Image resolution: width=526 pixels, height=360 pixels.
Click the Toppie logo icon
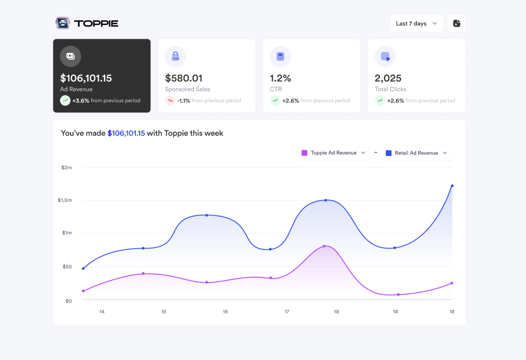pyautogui.click(x=63, y=23)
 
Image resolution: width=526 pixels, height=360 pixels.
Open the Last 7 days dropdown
pyautogui.click(x=416, y=23)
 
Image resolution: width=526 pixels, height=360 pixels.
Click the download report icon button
pyautogui.click(x=456, y=23)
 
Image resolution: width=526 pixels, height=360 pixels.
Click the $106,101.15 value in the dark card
pyautogui.click(x=86, y=78)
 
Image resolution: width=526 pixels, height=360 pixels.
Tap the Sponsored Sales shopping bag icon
pyautogui.click(x=175, y=56)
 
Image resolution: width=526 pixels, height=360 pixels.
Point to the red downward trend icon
pyautogui.click(x=170, y=100)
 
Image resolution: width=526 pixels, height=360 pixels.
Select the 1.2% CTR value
pyautogui.click(x=280, y=78)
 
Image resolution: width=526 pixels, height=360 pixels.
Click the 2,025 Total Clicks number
pyautogui.click(x=388, y=78)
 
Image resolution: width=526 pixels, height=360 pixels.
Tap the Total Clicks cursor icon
pyautogui.click(x=385, y=56)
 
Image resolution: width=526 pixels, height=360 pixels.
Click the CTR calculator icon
pyautogui.click(x=280, y=56)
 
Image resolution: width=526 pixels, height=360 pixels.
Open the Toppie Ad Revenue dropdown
pyautogui.click(x=333, y=153)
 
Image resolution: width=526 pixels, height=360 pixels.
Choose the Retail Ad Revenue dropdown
pyautogui.click(x=416, y=153)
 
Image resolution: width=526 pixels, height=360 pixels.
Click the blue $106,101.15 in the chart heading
pyautogui.click(x=126, y=133)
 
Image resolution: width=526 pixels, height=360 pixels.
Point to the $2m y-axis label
pyautogui.click(x=66, y=167)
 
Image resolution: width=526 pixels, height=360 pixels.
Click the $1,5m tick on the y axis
pyautogui.click(x=64, y=200)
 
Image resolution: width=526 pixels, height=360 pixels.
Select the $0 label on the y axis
pyautogui.click(x=68, y=301)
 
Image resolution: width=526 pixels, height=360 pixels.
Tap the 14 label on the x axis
pyautogui.click(x=102, y=312)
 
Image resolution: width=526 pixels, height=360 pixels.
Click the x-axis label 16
pyautogui.click(x=225, y=312)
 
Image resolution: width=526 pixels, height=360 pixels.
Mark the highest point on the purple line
pyautogui.click(x=324, y=246)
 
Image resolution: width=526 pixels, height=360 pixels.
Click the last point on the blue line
pyautogui.click(x=452, y=186)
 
